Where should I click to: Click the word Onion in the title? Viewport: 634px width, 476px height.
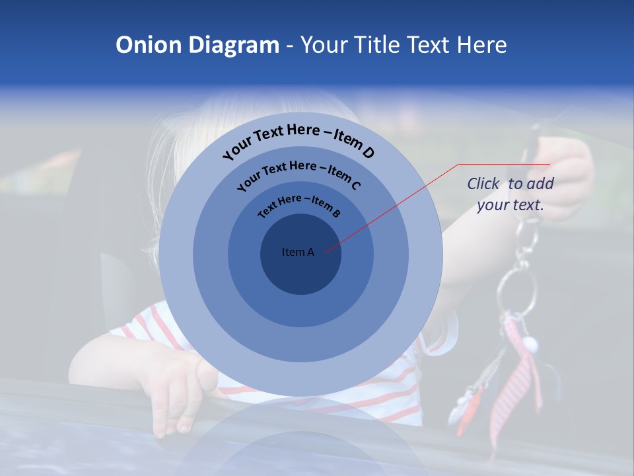click(x=147, y=45)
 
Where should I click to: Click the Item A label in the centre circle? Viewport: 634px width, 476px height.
click(x=298, y=252)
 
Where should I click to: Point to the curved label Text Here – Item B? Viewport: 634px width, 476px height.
click(x=299, y=204)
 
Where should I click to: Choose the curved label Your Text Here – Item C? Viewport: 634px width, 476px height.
click(x=299, y=175)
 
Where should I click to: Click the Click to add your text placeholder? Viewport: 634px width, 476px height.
click(x=511, y=194)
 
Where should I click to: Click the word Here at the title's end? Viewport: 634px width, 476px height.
click(x=481, y=45)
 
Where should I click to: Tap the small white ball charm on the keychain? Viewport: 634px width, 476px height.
click(x=529, y=343)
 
